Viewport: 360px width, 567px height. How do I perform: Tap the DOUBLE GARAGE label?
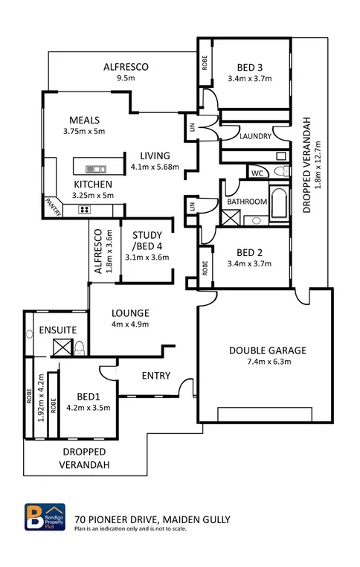(268, 350)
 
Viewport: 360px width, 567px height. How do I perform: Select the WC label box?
(257, 173)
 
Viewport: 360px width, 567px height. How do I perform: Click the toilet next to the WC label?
(280, 173)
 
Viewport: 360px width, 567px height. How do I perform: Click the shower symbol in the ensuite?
(61, 346)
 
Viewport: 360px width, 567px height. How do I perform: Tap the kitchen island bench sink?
(95, 168)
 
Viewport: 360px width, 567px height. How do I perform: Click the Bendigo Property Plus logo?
(46, 519)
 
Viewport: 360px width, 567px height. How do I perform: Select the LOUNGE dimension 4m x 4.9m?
(130, 324)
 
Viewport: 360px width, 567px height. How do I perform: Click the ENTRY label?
(155, 376)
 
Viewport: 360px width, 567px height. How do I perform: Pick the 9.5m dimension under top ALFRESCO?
(125, 77)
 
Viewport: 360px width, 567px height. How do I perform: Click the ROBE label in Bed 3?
(205, 64)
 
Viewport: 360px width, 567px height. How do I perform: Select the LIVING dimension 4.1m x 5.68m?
(155, 167)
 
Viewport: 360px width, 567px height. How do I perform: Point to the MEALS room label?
(85, 121)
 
